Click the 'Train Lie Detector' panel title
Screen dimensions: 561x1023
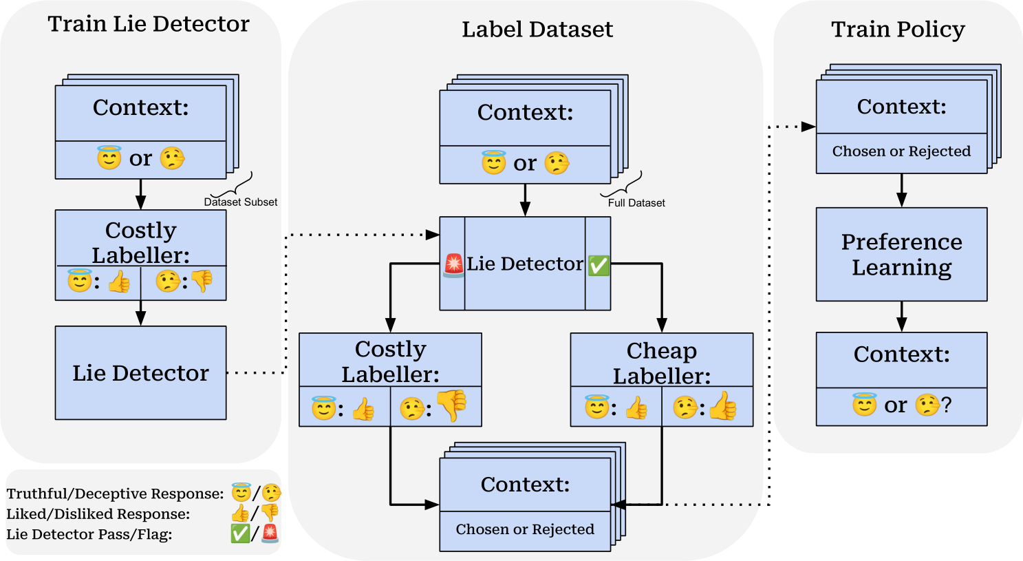[149, 24]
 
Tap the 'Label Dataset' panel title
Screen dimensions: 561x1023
[537, 30]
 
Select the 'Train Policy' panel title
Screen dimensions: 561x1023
[898, 30]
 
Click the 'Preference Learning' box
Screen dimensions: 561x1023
[901, 254]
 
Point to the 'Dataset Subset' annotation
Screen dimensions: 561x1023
[241, 202]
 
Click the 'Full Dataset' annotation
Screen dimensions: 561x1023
[636, 203]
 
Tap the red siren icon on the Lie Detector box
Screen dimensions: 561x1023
[454, 265]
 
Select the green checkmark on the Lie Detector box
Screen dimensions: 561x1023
[599, 265]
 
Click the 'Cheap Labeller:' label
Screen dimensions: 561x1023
[662, 363]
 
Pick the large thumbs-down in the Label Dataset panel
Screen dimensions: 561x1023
[451, 405]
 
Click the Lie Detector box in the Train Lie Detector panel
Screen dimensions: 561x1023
[140, 372]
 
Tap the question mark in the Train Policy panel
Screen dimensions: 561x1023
[947, 405]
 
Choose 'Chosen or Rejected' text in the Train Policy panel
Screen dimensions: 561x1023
[901, 151]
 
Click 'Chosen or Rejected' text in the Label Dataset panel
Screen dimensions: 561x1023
[525, 529]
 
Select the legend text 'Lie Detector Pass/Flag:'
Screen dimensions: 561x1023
[89, 534]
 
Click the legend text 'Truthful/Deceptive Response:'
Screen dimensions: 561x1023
[116, 494]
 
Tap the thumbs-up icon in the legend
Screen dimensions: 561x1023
[239, 514]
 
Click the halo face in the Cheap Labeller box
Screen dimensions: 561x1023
[596, 407]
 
